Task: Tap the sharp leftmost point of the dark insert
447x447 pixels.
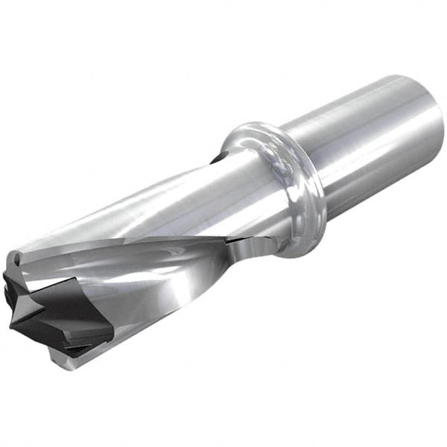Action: pos(10,326)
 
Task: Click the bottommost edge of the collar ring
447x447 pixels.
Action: pos(298,253)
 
